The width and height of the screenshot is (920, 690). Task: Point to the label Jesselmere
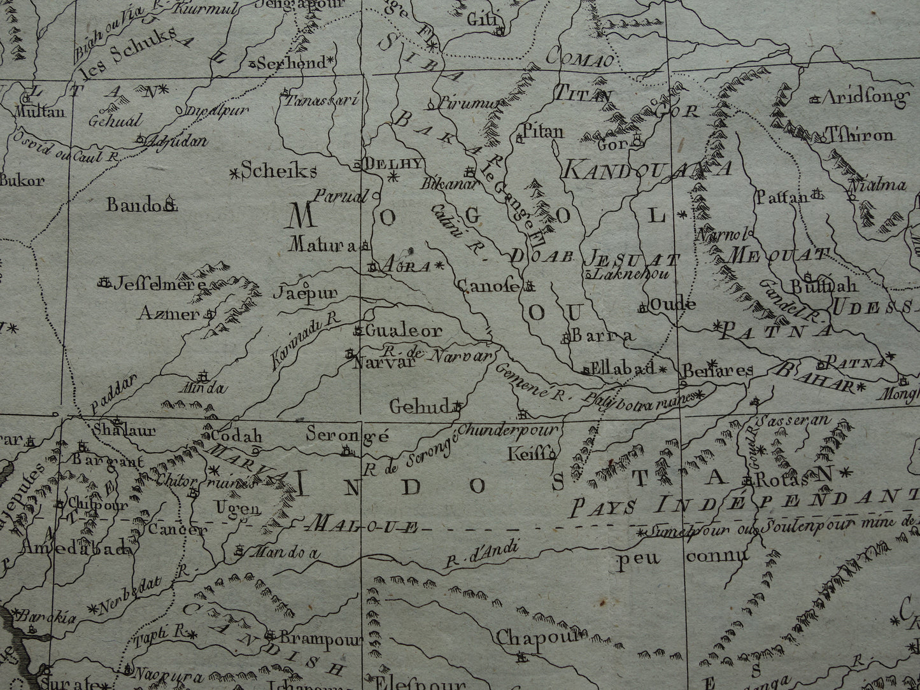(160, 285)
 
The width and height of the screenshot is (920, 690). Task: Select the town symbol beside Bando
(170, 204)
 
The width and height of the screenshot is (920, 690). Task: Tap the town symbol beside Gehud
(457, 405)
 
